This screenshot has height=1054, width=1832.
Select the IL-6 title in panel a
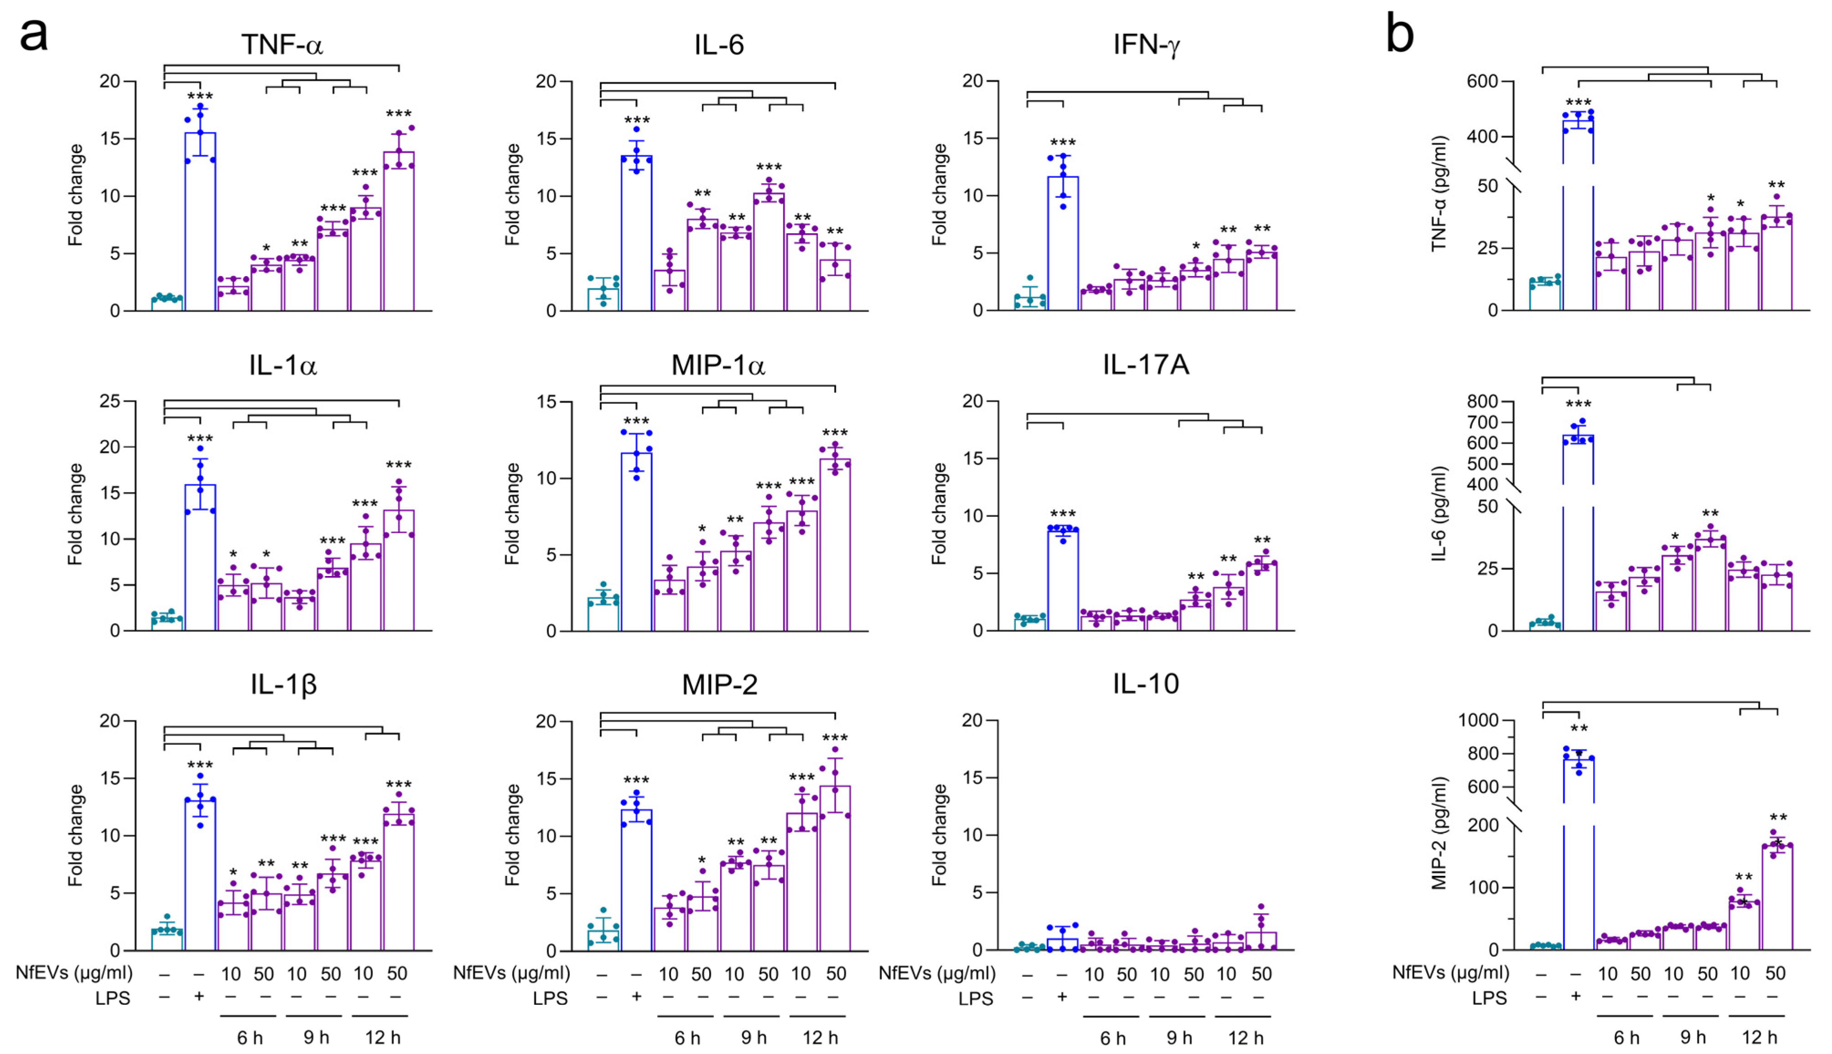pos(718,45)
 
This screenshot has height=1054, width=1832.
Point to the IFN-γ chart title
pos(1146,45)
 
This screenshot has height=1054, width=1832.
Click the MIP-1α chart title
pos(718,365)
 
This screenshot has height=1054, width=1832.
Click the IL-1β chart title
pos(283,684)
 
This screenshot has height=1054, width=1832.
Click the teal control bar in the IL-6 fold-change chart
pos(603,299)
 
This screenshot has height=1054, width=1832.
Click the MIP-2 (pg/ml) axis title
pos(1439,833)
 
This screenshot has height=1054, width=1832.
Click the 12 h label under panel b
pos(1760,1037)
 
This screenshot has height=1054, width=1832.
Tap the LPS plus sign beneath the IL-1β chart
pos(199,997)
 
